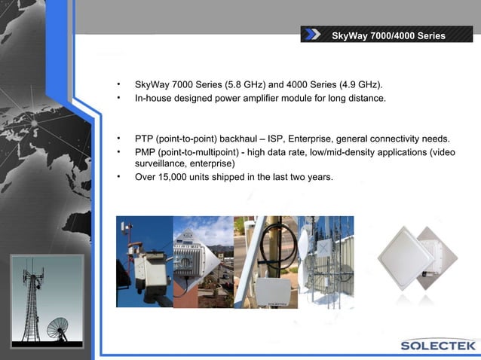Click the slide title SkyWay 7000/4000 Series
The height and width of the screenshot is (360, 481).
pos(388,35)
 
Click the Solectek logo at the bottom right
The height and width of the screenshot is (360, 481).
pos(438,346)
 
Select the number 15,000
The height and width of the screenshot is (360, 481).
pos(177,178)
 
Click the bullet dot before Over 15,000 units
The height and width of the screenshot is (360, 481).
pos(118,178)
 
